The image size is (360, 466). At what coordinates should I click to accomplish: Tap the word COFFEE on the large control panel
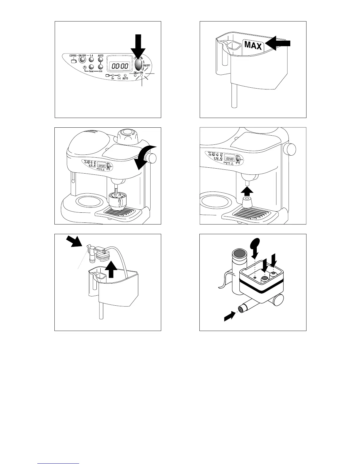click(x=73, y=56)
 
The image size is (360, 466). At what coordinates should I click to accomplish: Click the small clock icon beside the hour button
click(x=85, y=68)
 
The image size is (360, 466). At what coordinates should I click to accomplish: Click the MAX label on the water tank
click(x=253, y=45)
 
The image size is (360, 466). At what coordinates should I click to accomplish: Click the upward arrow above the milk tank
click(x=111, y=269)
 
